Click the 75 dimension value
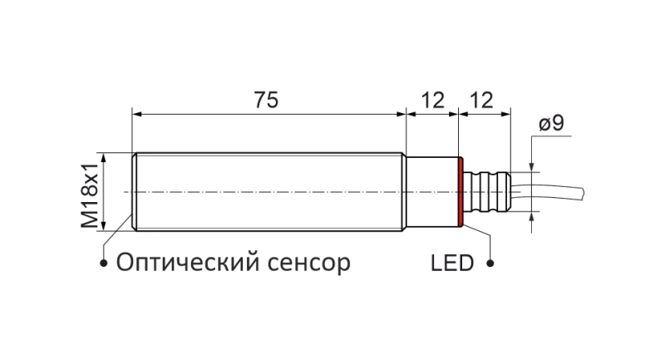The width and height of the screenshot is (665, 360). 266,100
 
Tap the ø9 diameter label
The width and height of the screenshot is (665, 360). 551,123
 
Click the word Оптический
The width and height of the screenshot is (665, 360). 188,263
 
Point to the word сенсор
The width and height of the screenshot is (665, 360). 309,264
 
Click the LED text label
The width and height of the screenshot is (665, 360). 452,264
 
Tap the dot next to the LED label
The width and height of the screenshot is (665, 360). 490,264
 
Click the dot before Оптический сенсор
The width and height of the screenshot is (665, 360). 103,264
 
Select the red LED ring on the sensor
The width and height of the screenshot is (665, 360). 461,192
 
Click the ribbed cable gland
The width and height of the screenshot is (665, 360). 487,192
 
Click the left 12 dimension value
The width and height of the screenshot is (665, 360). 432,100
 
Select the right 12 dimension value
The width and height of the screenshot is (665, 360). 482,100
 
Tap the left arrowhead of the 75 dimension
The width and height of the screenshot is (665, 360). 136,114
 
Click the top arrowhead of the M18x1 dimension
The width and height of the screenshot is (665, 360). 103,157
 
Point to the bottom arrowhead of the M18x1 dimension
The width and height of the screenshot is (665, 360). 103,226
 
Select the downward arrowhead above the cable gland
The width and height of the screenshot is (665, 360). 531,167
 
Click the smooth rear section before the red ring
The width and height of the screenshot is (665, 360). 431,192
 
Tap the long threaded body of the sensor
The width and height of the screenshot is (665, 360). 268,192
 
